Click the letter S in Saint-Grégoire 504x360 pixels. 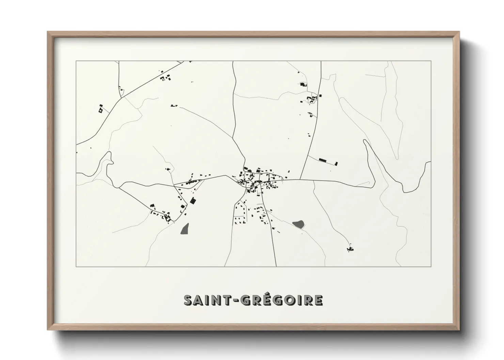tap(188, 300)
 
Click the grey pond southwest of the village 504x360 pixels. tap(185, 229)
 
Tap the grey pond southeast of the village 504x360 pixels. tap(298, 224)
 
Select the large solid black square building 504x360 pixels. tap(193, 201)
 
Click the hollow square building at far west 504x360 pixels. tap(100, 110)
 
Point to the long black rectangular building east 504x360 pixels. tap(322, 160)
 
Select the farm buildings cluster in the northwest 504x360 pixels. tap(165, 78)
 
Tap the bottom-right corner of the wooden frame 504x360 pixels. tap(459, 330)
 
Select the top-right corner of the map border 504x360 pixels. tap(431, 61)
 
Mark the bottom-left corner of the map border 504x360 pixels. tap(76, 266)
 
